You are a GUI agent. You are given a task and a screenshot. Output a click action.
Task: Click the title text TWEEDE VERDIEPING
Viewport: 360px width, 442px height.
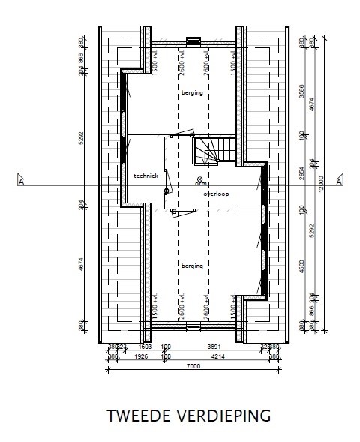tap(188, 415)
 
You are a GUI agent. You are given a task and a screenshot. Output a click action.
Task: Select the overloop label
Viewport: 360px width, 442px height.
tap(216, 194)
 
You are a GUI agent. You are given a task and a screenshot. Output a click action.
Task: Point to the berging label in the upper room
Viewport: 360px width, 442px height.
tap(192, 92)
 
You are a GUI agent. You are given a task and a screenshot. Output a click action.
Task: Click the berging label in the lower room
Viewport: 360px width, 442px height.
tap(192, 265)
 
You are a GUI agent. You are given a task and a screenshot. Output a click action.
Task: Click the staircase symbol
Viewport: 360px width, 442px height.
tap(209, 150)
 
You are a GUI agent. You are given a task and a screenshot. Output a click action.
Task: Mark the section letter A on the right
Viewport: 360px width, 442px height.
tap(339, 182)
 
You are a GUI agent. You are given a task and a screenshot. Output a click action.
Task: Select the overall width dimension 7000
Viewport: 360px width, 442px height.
tap(193, 365)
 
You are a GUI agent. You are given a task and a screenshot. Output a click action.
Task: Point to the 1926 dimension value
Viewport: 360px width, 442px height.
tap(139, 356)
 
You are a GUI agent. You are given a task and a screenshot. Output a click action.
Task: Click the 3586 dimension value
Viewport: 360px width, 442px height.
tap(302, 83)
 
